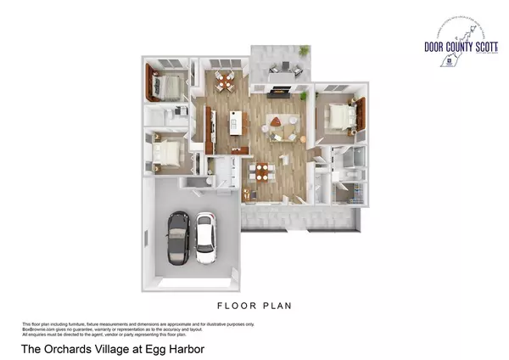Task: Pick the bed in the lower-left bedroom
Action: [169, 153]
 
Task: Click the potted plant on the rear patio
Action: [303, 53]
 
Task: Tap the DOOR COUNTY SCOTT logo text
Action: [457, 48]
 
